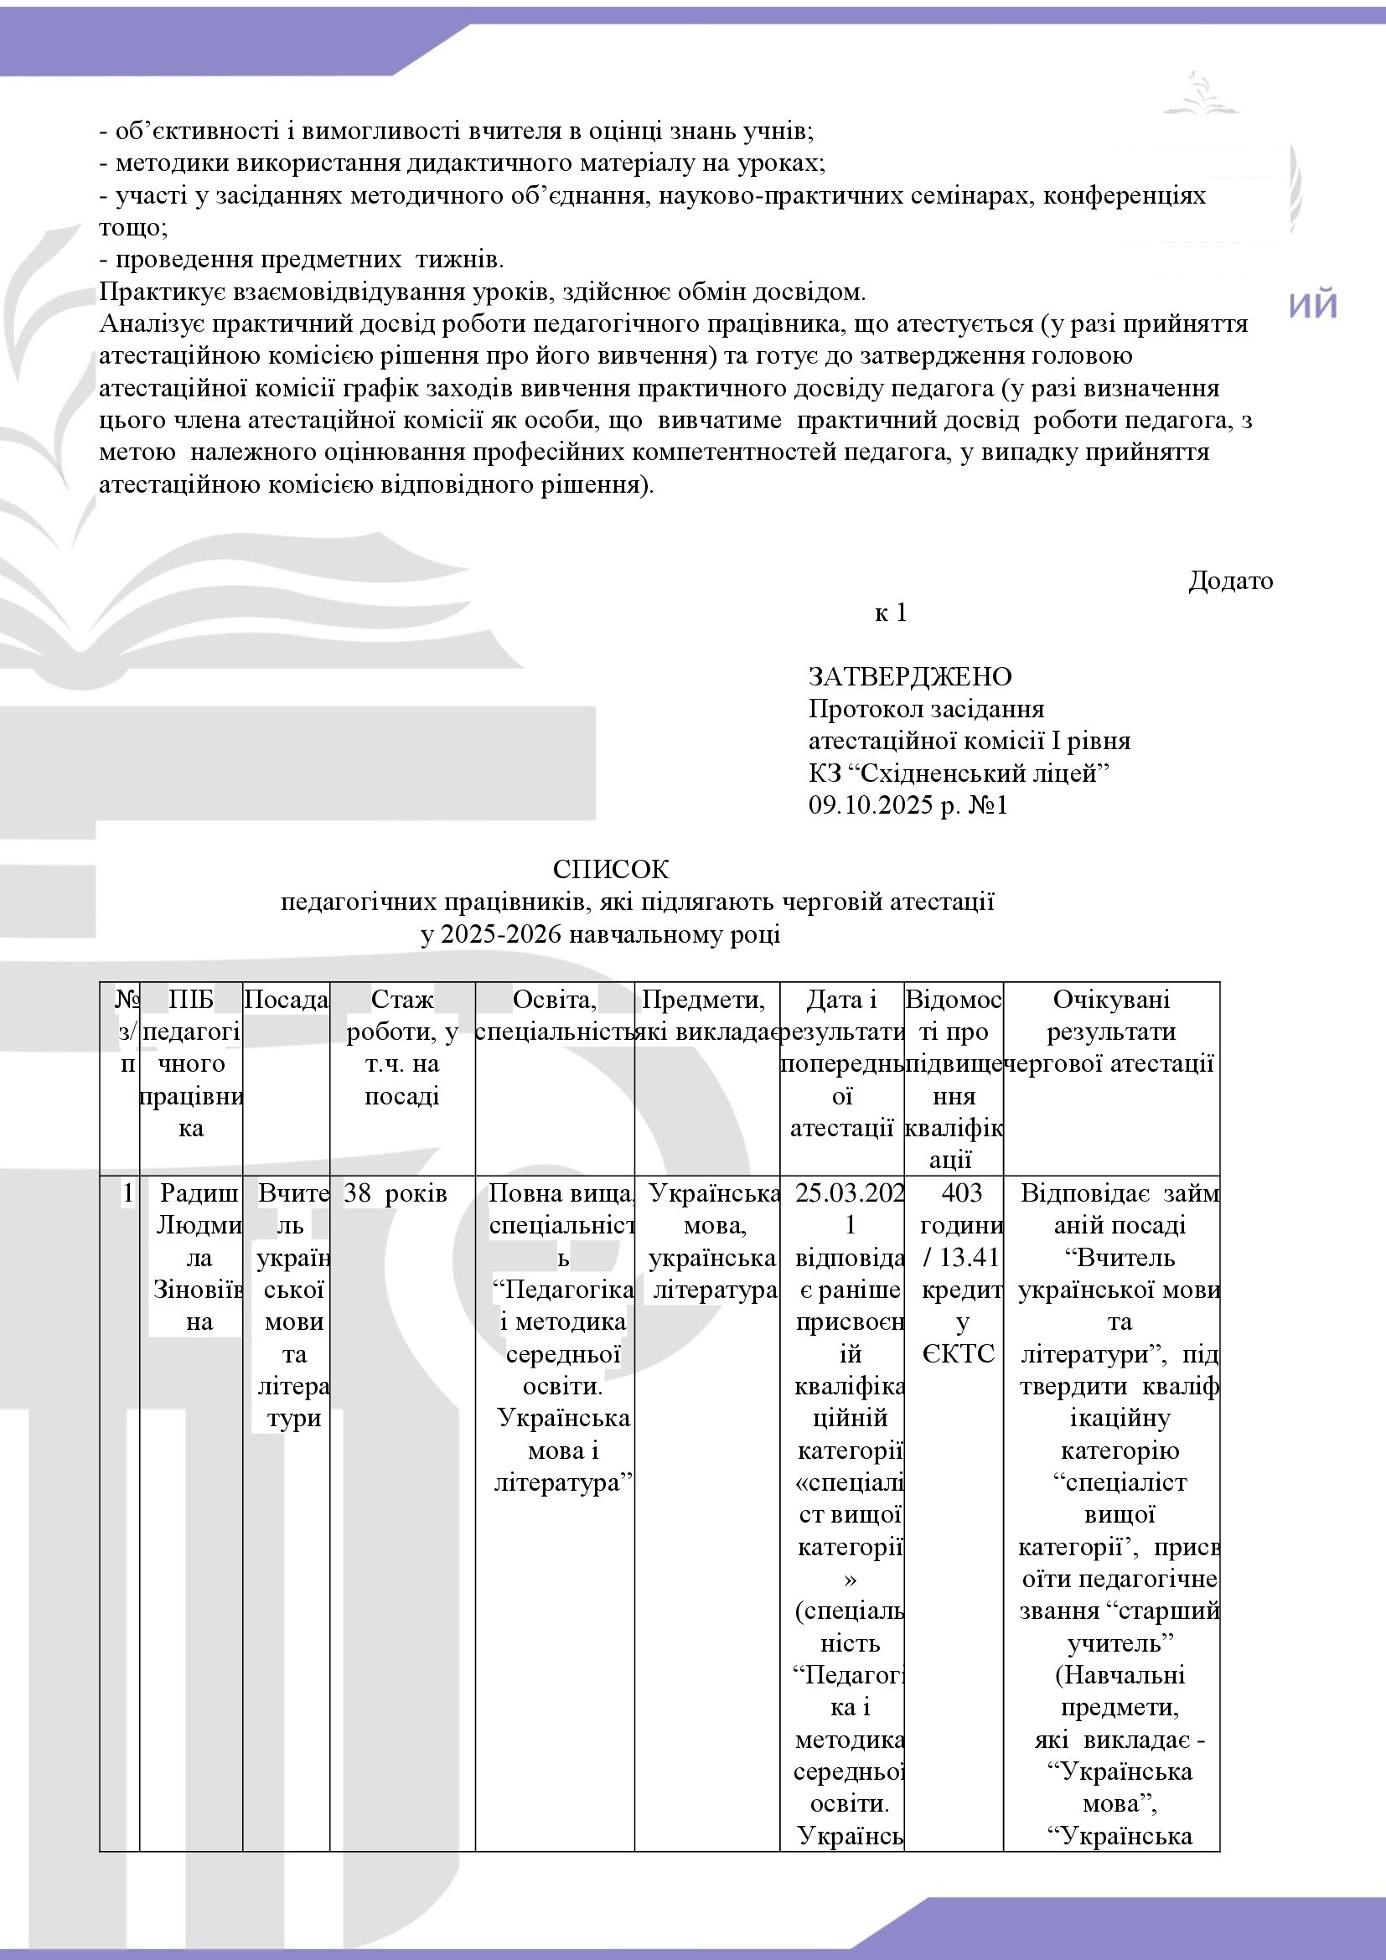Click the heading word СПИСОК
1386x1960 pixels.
click(x=610, y=869)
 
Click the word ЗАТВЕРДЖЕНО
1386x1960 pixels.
click(x=910, y=676)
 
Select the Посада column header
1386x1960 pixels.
click(x=287, y=1000)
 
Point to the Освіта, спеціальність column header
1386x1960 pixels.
click(x=555, y=1015)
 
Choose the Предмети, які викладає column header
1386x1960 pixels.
click(x=707, y=1015)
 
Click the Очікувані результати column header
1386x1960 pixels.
click(x=1111, y=1032)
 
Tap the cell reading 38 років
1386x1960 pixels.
click(x=396, y=1192)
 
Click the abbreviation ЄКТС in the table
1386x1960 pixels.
click(x=959, y=1354)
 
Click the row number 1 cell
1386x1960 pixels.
click(x=128, y=1192)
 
